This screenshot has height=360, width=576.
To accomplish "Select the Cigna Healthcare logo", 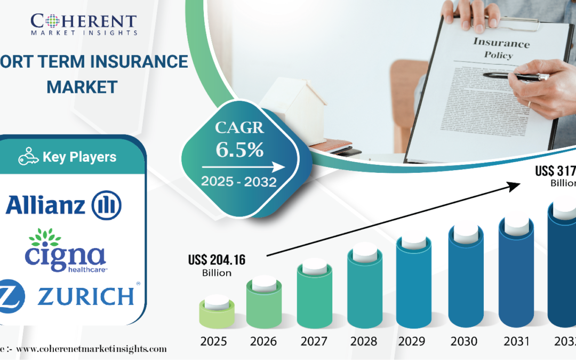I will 66,250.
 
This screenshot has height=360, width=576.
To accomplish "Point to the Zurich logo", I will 69,295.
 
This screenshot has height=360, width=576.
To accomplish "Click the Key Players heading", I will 68,157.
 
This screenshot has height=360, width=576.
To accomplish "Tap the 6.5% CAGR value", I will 239,150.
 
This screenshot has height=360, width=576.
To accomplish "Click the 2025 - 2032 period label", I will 238,182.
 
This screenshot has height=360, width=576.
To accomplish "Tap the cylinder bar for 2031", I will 515,272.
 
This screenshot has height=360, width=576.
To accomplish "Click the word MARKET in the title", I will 82,86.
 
